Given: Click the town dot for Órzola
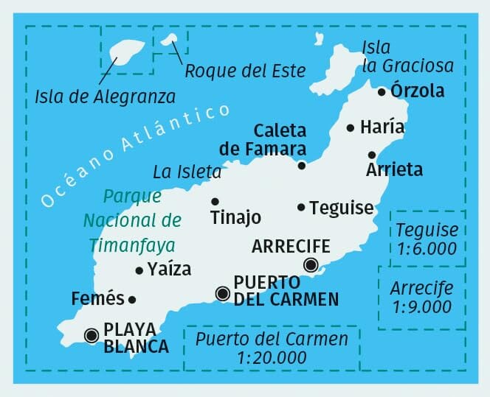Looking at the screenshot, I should [x=382, y=92].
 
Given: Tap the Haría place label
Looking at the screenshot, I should [x=382, y=127].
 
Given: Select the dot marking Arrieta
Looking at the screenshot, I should [x=372, y=155].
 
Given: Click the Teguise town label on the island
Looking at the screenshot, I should [x=342, y=208].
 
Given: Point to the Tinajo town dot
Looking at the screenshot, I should [x=215, y=201].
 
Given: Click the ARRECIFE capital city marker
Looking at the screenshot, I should [x=311, y=265].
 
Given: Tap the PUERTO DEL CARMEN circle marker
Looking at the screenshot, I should [x=221, y=294].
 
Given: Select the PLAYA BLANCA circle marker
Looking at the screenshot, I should [x=92, y=335].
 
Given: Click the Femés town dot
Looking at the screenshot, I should [x=132, y=299].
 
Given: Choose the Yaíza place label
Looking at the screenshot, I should [x=169, y=270].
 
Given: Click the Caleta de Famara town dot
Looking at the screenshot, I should [x=302, y=166].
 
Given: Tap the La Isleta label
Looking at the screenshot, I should [x=187, y=172].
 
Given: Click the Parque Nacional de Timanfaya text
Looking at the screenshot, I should [x=132, y=220].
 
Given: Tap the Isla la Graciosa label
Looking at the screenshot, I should [x=407, y=57].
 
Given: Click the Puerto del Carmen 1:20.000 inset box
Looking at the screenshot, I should [x=272, y=348].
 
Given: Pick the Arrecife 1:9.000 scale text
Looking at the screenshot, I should [x=422, y=297].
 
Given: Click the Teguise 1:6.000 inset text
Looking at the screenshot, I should [x=427, y=239].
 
